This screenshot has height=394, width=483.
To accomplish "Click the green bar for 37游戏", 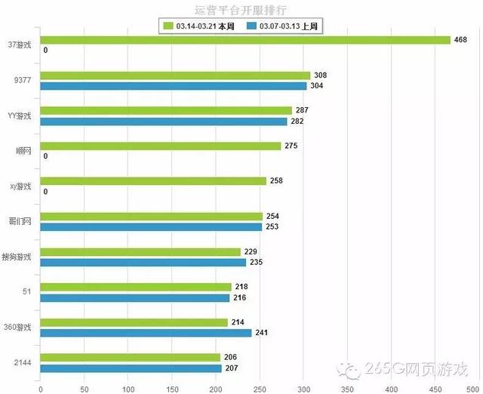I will click(245, 40).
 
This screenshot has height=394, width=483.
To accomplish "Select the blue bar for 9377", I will click(173, 86).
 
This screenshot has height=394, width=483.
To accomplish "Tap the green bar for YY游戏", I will click(166, 110).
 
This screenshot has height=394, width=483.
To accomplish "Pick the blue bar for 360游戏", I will click(146, 333).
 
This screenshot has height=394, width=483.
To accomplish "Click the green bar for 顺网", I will click(161, 146).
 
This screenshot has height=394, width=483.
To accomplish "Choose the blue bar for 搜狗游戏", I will click(143, 262).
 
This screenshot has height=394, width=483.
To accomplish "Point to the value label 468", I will click(461, 40).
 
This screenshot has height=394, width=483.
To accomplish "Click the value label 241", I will click(263, 333).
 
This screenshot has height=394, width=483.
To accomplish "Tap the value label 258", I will click(278, 181).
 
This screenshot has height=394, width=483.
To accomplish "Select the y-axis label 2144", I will click(23, 363).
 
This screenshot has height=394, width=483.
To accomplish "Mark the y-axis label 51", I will click(27, 292).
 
